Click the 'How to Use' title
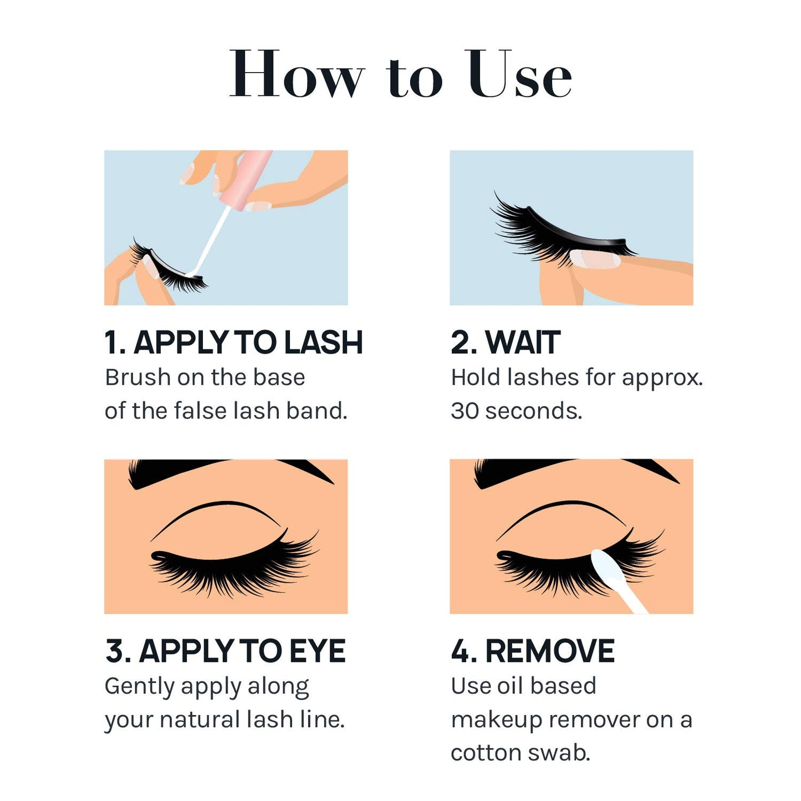tap(400, 75)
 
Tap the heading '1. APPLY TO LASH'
tap(233, 342)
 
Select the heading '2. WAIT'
tap(505, 342)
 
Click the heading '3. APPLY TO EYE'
tap(225, 651)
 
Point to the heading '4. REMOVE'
tap(532, 651)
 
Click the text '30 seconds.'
tap(516, 411)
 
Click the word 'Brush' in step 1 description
tap(137, 377)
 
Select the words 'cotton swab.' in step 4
tap(520, 753)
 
